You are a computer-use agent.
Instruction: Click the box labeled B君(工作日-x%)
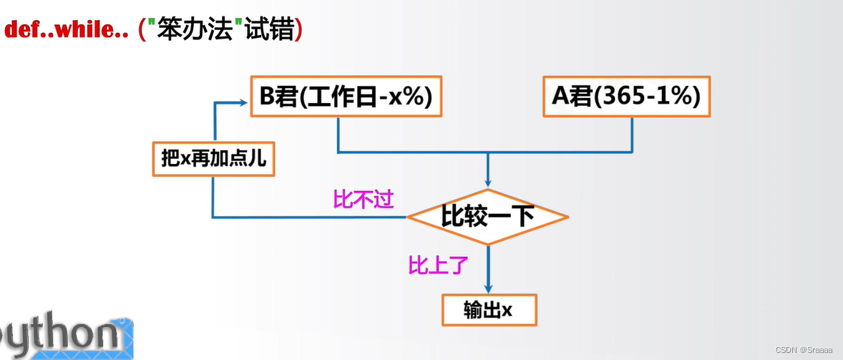[346, 97]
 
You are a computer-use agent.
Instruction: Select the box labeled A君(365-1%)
[626, 97]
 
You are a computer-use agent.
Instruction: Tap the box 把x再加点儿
[214, 159]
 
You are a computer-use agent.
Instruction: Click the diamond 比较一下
[487, 216]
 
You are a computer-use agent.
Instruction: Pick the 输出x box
[488, 311]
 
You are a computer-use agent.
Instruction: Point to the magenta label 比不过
[364, 199]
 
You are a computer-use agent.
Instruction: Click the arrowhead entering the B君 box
[243, 103]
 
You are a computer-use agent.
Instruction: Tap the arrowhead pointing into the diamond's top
[488, 184]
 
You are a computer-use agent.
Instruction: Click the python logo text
[64, 337]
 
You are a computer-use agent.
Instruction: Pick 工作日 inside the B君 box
[341, 97]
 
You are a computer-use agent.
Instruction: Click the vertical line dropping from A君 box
[633, 134]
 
